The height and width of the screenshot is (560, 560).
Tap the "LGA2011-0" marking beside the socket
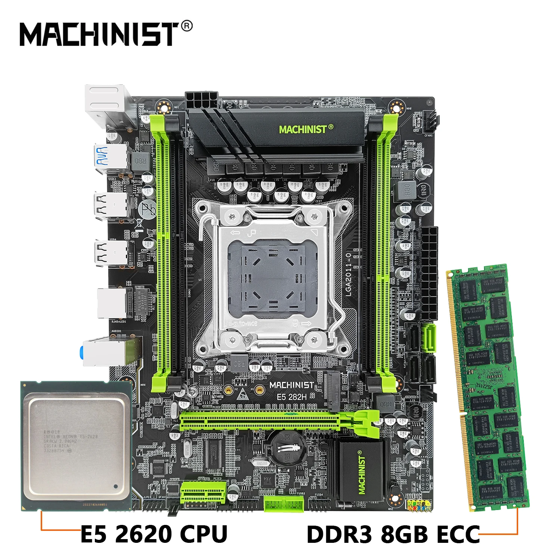pos(348,274)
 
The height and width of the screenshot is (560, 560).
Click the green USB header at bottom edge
pos(284,504)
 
